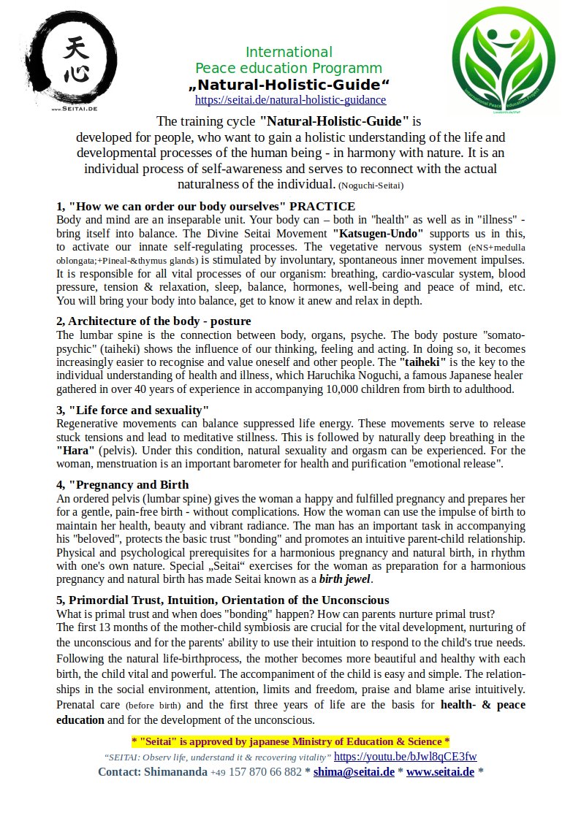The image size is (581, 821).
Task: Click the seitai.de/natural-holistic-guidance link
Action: [290, 100]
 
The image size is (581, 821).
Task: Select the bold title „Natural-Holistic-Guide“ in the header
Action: [289, 85]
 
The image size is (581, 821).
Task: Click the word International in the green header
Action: [289, 52]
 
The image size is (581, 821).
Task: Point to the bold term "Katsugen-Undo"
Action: [378, 234]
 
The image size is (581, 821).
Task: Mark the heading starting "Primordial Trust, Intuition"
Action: [223, 600]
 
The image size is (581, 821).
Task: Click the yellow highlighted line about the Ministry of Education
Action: [290, 741]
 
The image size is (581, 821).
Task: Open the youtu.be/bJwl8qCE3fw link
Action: [406, 756]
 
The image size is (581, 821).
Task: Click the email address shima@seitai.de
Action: [354, 772]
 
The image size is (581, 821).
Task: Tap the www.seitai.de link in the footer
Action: [440, 772]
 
